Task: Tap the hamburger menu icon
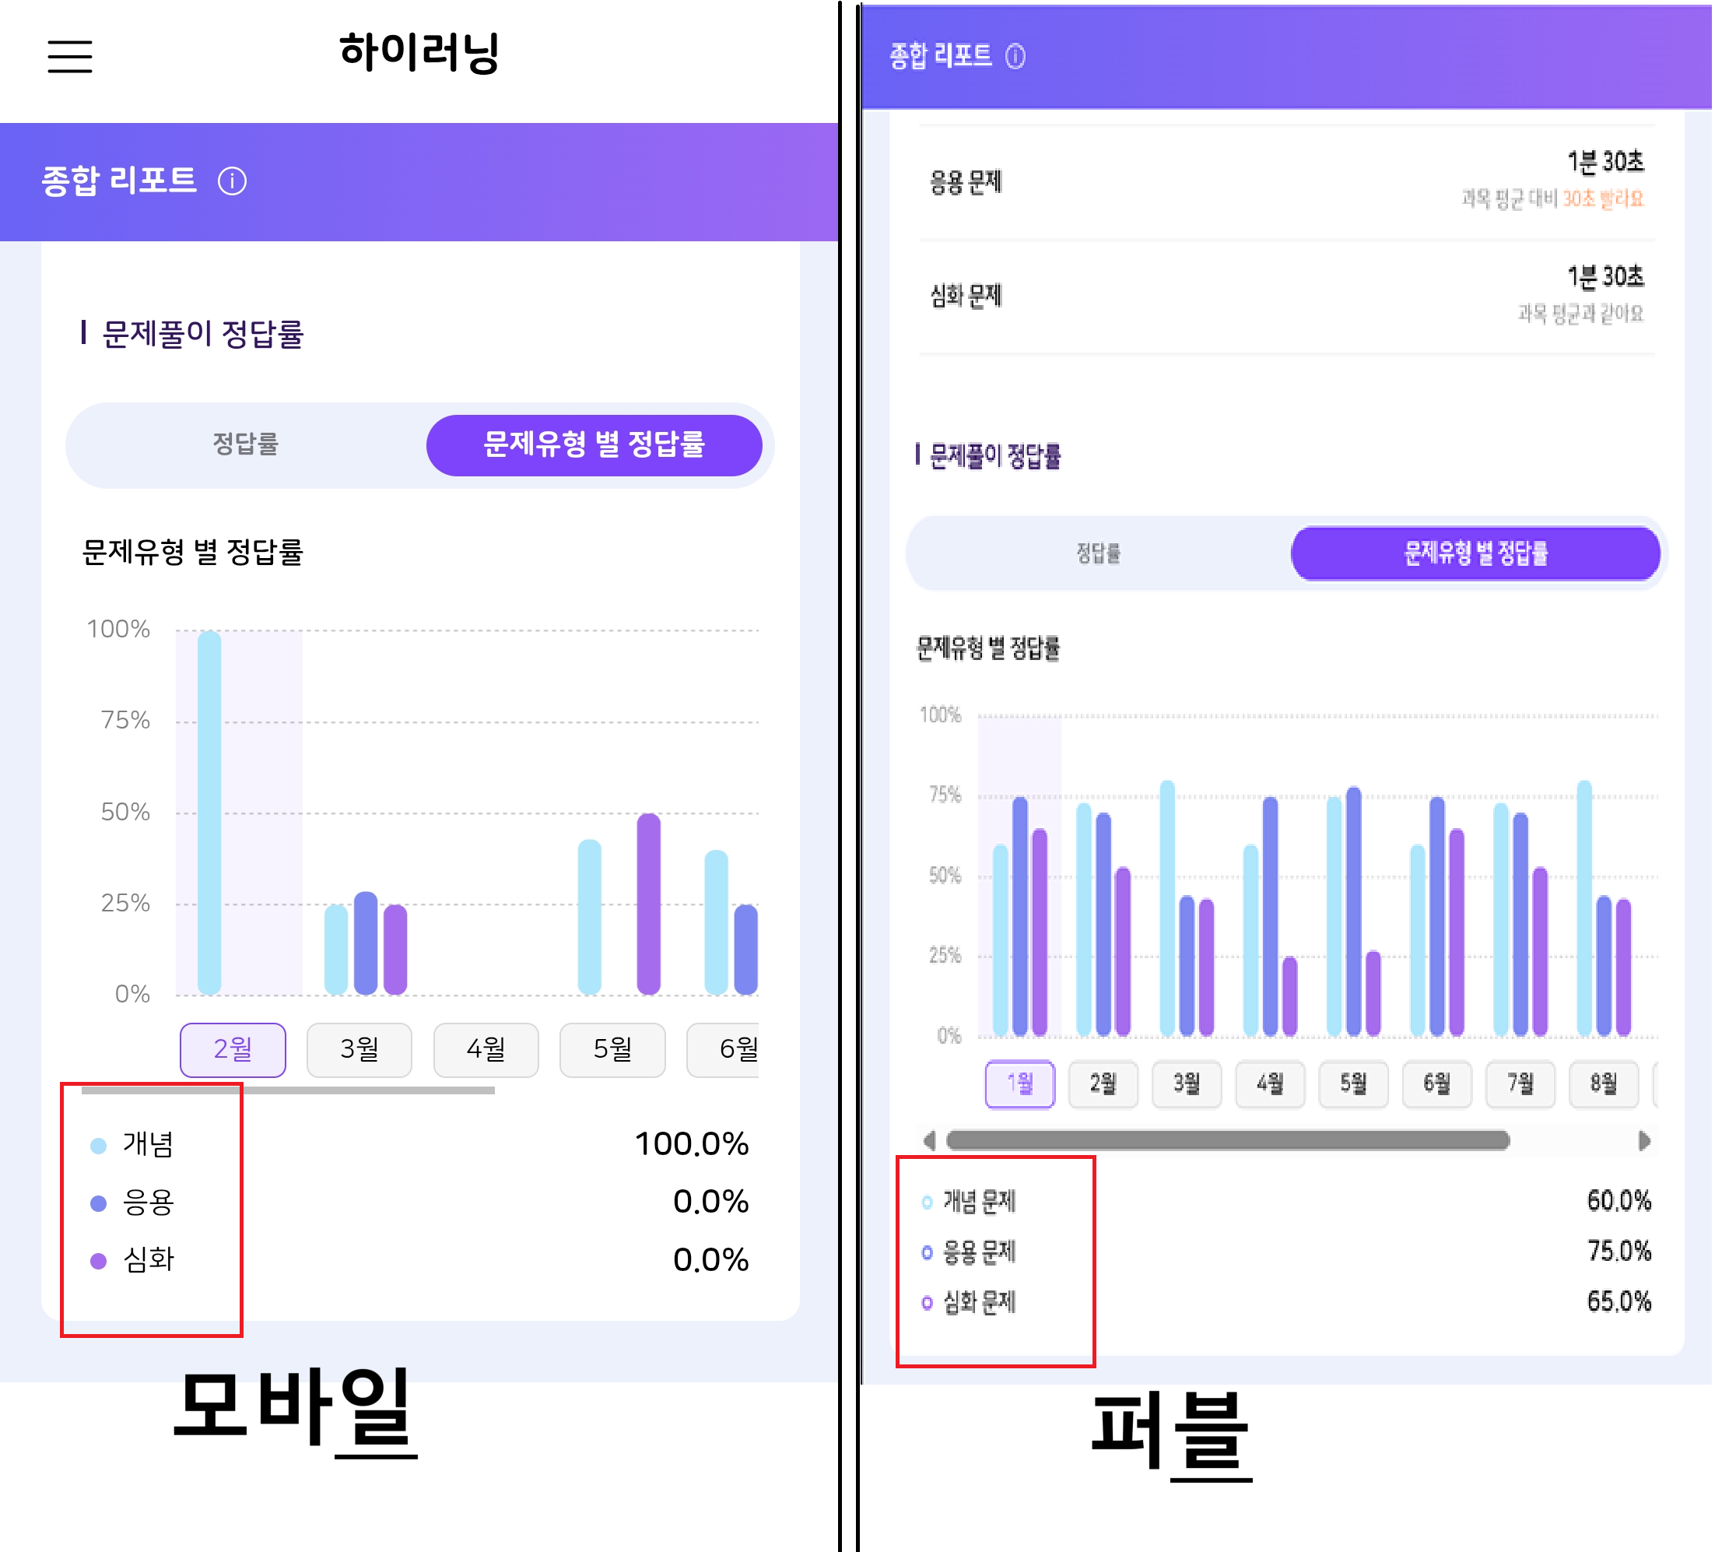tap(70, 56)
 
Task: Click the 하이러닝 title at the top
tap(419, 53)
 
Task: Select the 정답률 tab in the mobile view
tap(246, 444)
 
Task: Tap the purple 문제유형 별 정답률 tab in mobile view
tap(594, 444)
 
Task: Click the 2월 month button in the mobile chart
tap(233, 1049)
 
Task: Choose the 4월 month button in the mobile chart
tap(486, 1049)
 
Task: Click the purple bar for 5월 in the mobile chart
tap(649, 903)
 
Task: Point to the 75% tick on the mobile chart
tap(125, 721)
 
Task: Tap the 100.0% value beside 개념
tap(692, 1144)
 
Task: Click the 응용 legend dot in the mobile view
tap(99, 1203)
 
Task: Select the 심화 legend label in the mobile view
tap(149, 1259)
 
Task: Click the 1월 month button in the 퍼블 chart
tap(1019, 1084)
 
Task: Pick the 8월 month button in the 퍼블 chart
tap(1604, 1084)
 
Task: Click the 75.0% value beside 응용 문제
tap(1619, 1252)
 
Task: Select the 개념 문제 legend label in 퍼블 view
tap(980, 1203)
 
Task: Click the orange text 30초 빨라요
tap(1603, 198)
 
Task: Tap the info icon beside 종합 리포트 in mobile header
tap(232, 181)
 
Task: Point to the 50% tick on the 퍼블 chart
tap(945, 876)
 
